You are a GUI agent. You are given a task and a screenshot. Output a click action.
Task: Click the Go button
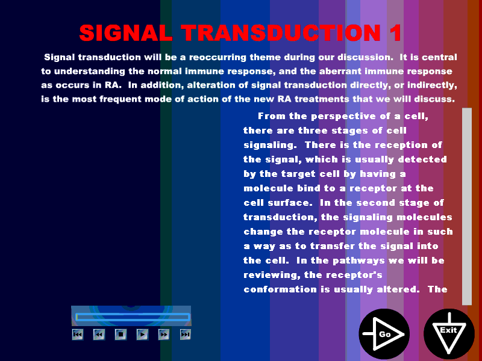(384, 334)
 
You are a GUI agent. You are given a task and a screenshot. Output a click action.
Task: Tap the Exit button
(449, 334)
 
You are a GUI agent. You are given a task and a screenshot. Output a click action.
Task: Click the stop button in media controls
(121, 335)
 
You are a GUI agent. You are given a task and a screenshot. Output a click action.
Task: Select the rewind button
(99, 335)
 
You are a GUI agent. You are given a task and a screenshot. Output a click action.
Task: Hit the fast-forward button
(164, 335)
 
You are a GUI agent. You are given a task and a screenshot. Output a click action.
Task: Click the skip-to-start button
(78, 335)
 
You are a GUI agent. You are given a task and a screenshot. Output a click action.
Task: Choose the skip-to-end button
(186, 335)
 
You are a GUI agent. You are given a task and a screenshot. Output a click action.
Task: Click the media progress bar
(133, 317)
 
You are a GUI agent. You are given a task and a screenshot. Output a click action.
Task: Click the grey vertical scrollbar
(467, 206)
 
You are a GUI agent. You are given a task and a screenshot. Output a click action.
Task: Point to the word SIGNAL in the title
(126, 33)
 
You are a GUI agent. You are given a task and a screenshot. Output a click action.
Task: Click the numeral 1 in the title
(396, 33)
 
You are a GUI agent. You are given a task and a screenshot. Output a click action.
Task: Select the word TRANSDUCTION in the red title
(281, 33)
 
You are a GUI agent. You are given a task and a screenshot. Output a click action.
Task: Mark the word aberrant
(340, 71)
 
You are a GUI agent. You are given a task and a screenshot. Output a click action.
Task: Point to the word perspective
(343, 116)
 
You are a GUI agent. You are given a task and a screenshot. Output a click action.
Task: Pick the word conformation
(280, 289)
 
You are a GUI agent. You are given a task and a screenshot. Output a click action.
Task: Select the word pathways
(358, 261)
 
